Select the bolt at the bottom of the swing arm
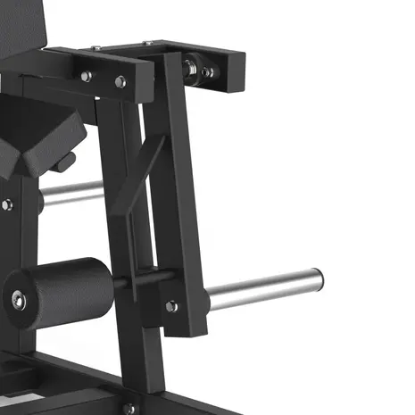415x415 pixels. pos(171,306)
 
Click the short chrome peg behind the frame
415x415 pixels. pos(71,191)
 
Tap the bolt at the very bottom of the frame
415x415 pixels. pos(130,408)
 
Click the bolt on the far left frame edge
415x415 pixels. pos(6,204)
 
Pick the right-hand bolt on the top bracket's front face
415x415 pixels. pos(120,81)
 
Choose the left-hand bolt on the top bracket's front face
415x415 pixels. pos(87,76)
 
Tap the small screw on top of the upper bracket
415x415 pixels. pos(148,42)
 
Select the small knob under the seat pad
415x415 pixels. pos(64,163)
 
